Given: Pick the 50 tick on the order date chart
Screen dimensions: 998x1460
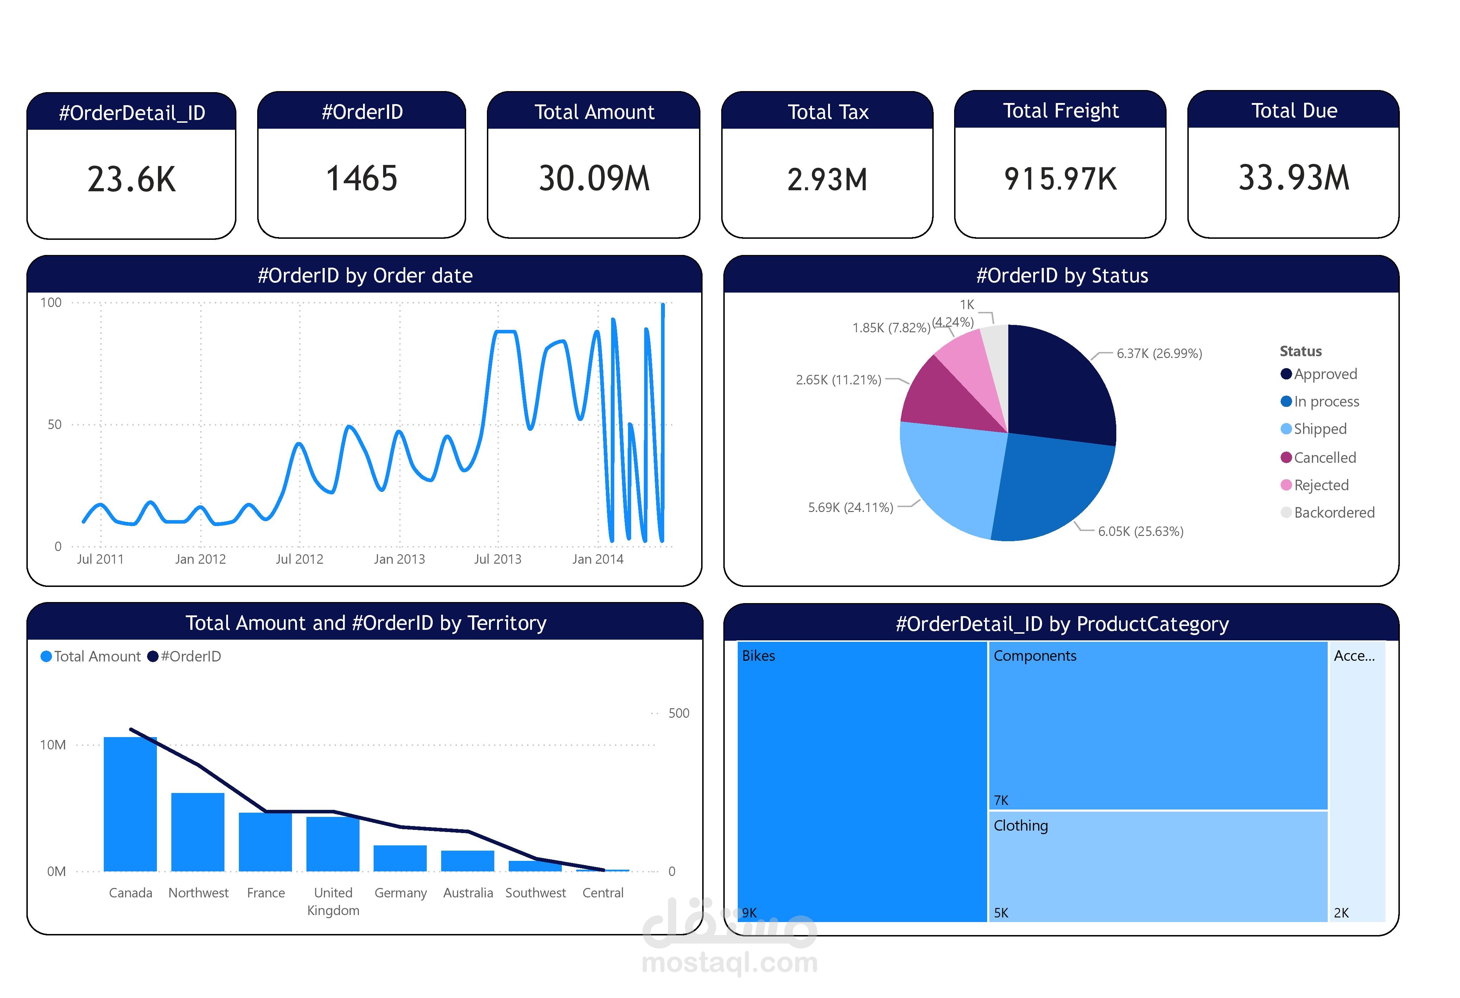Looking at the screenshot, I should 55,424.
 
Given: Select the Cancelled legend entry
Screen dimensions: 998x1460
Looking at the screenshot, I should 1324,458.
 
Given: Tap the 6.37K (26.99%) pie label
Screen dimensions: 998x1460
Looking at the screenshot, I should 1159,354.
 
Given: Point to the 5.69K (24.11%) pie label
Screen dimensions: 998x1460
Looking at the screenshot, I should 850,507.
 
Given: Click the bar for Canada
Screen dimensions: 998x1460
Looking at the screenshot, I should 130,804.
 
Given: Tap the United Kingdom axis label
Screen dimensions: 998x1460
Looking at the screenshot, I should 333,901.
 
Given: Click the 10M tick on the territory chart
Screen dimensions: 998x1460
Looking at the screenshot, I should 53,745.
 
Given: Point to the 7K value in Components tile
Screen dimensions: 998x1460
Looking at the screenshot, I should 1001,800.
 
